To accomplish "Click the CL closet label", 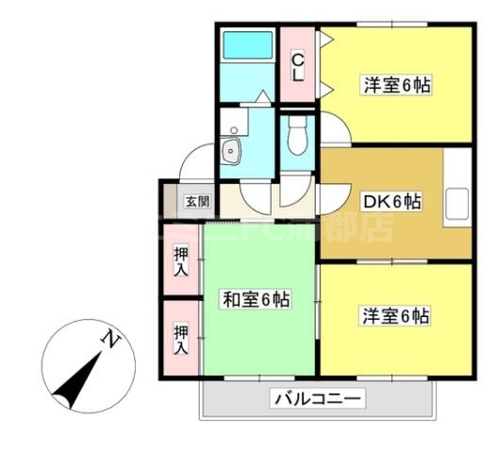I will [298, 68].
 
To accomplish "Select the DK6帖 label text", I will [392, 200].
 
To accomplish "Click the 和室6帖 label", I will [256, 299].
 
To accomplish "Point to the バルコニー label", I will [318, 399].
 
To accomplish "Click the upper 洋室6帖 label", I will [397, 85].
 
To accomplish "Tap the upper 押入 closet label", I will [180, 260].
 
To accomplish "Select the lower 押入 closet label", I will [180, 338].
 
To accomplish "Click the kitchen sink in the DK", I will [458, 203].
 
